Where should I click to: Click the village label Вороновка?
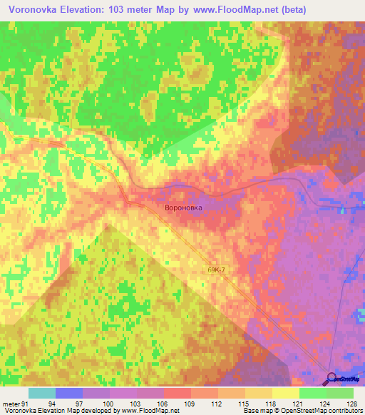(183, 208)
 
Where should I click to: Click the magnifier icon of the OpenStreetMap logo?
(332, 378)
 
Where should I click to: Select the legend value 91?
(25, 403)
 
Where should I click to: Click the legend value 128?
(352, 403)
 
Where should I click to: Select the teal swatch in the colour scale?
(42, 393)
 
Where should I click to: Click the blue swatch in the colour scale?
(69, 393)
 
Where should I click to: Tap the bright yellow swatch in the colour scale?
(286, 393)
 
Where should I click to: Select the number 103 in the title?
(132, 10)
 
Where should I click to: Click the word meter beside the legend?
(11, 403)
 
